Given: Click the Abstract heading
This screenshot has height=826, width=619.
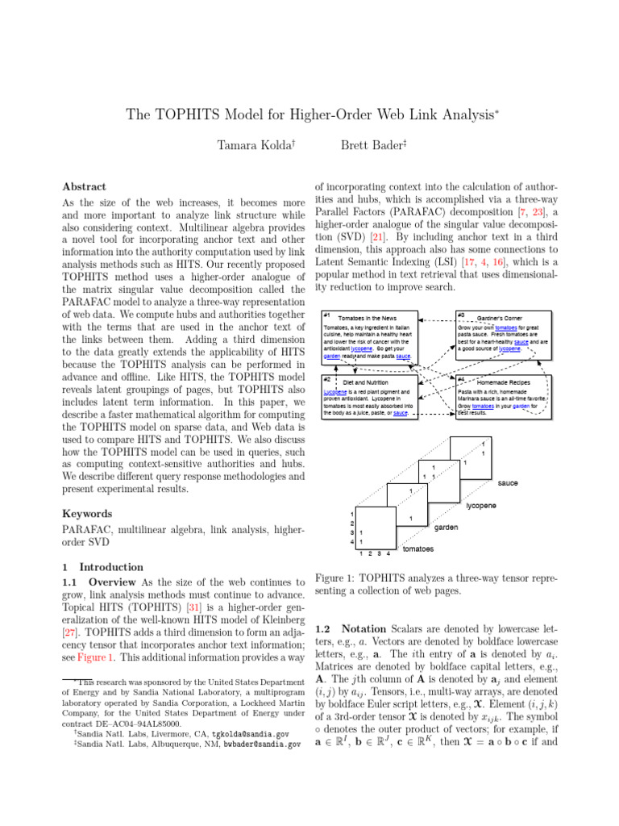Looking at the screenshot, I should pyautogui.click(x=84, y=186).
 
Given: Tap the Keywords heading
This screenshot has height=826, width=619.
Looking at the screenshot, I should pyautogui.click(x=87, y=514).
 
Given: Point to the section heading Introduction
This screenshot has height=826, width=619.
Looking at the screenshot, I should pyautogui.click(x=111, y=567).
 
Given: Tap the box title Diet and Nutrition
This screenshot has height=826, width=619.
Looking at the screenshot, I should pyautogui.click(x=365, y=382).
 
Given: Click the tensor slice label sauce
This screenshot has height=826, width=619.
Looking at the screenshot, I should pyautogui.click(x=507, y=482).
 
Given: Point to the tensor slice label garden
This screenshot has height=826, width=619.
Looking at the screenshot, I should pyautogui.click(x=447, y=528).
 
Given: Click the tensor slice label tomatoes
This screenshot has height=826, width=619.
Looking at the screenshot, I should pyautogui.click(x=418, y=549).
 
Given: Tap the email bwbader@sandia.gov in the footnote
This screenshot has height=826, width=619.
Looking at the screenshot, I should pyautogui.click(x=260, y=745).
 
